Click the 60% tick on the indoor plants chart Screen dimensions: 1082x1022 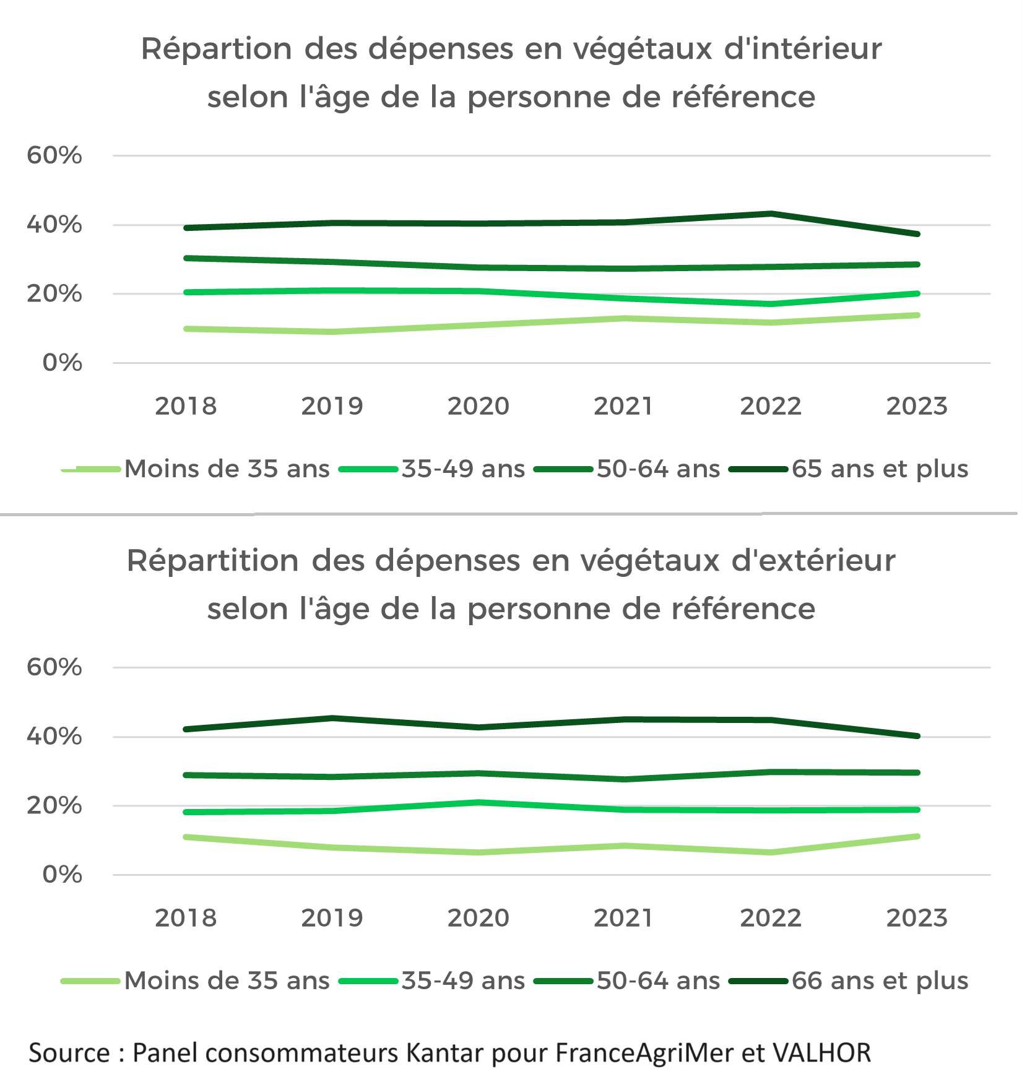54,155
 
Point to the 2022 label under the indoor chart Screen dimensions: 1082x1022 771,407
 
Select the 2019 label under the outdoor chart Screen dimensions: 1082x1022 332,918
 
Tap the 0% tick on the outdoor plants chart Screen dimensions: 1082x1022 62,875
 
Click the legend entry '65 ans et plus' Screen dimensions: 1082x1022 880,469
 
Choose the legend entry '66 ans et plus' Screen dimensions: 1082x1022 880,981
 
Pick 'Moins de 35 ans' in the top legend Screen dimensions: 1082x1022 227,469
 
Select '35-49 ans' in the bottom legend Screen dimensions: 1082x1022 463,981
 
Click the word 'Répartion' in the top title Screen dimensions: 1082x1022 217,50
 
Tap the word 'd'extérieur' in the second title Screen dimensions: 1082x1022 813,561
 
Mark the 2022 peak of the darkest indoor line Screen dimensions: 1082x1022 771,214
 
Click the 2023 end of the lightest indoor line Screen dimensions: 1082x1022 917,316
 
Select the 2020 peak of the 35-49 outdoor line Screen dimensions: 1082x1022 479,803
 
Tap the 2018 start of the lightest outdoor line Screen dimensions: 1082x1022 186,837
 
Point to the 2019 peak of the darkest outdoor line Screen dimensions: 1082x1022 332,719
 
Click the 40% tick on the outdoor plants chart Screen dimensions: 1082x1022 54,737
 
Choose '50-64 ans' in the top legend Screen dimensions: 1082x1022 658,469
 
